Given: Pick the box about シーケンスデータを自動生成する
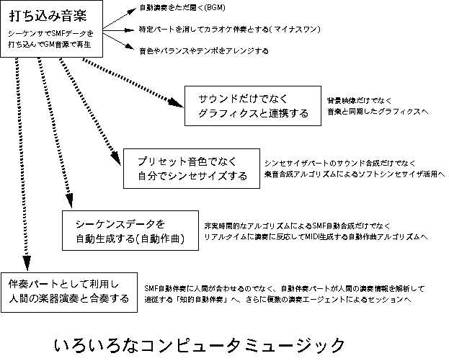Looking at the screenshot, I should click(130, 230).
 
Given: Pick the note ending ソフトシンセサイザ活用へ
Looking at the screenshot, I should click(355, 174).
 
